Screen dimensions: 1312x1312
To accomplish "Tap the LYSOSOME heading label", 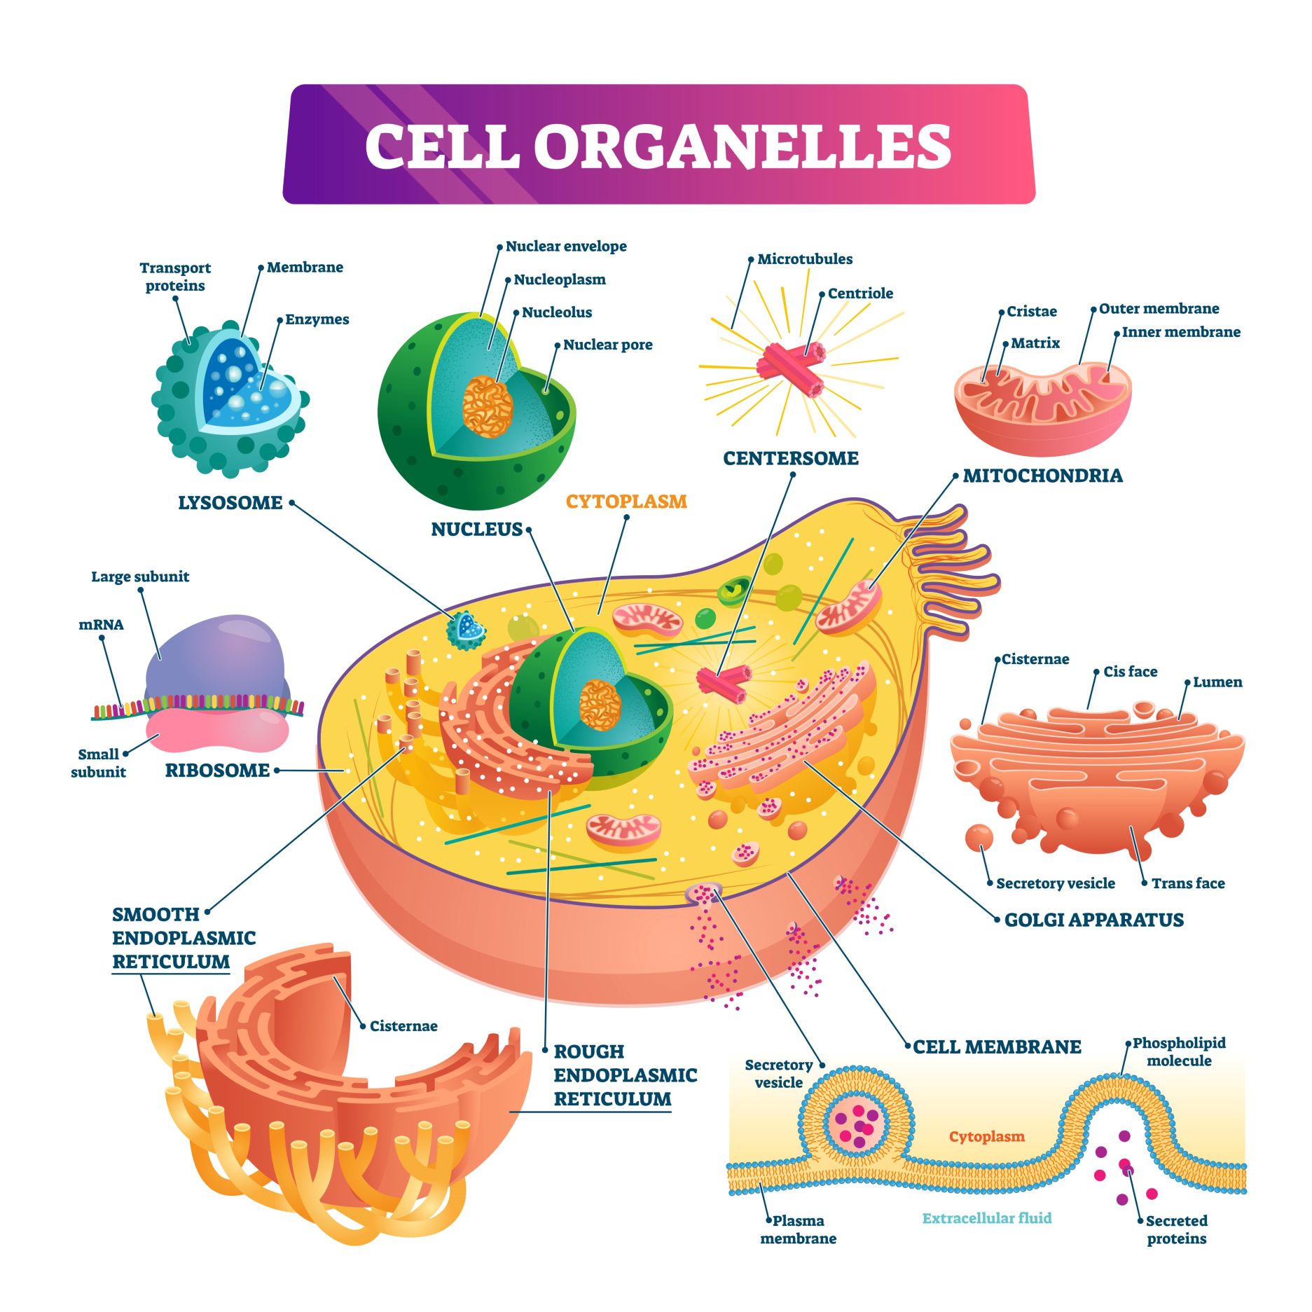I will click(x=230, y=503).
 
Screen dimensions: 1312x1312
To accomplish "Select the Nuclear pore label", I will click(x=607, y=345).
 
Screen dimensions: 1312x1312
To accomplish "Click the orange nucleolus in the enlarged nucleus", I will click(x=488, y=406).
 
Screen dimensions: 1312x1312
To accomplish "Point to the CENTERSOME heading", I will click(x=790, y=458).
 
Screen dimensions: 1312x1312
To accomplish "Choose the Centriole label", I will click(x=860, y=294).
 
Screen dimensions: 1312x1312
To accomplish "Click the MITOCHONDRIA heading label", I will click(x=1042, y=476).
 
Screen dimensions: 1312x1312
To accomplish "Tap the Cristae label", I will click(x=1031, y=312).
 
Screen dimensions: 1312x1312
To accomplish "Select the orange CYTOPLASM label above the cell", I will click(x=626, y=502).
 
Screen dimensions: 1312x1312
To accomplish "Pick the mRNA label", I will click(x=101, y=625).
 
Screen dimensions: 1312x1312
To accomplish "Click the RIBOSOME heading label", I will click(x=217, y=771).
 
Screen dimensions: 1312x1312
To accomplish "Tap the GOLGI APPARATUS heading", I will click(x=1093, y=920).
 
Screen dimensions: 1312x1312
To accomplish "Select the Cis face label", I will click(x=1130, y=672).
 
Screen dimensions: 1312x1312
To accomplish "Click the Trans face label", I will click(x=1188, y=883).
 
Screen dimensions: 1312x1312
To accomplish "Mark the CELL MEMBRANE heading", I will click(x=997, y=1047).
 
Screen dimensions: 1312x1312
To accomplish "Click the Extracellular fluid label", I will click(x=986, y=1218).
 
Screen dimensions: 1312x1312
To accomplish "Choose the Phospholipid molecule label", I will click(x=1179, y=1051).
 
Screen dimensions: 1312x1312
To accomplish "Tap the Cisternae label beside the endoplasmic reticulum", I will click(x=403, y=1026).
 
